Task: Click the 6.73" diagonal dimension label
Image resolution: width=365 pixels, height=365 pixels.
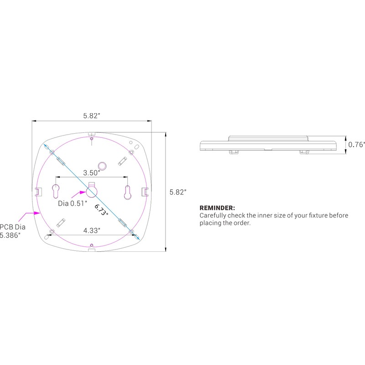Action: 101,210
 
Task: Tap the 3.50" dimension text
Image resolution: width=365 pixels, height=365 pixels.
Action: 92,173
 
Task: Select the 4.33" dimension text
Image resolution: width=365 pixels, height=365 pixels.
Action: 92,230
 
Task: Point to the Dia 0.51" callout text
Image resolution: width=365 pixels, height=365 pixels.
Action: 73,203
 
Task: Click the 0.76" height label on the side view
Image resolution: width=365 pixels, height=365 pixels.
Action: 356,145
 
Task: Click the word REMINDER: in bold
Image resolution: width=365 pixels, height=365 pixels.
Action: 217,208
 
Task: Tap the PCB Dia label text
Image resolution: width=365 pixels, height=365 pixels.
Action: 13,227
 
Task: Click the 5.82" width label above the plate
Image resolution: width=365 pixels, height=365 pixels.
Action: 92,116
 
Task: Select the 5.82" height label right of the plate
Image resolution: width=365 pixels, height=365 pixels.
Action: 178,192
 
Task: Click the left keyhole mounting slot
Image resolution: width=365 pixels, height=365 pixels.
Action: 56,191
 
